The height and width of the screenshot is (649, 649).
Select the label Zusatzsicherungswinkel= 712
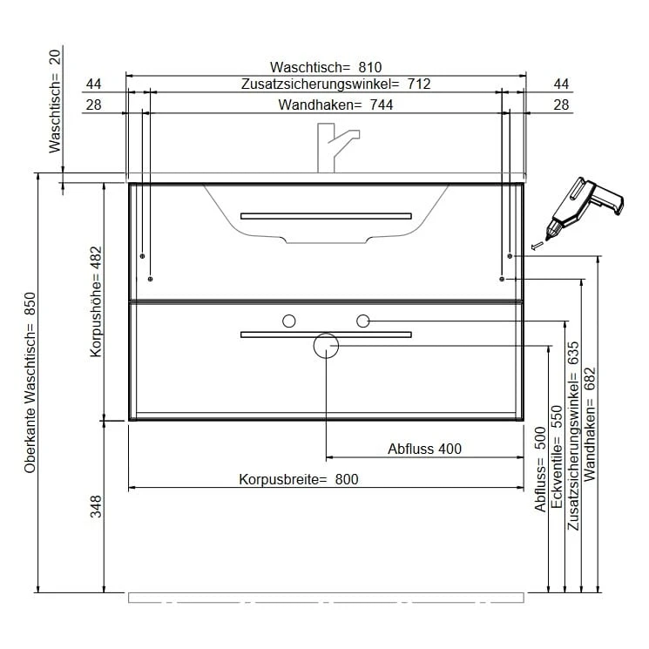[x=336, y=85]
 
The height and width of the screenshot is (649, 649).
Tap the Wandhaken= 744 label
[x=335, y=105]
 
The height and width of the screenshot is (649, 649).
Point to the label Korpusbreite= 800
[x=299, y=479]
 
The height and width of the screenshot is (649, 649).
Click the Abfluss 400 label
[x=424, y=449]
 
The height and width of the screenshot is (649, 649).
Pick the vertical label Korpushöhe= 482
[x=97, y=301]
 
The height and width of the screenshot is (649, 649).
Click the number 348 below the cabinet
[x=97, y=506]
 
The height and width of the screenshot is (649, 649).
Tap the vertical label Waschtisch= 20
[x=55, y=101]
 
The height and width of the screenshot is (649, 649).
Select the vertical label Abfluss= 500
[x=540, y=470]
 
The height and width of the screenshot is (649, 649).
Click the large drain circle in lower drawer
[x=326, y=346]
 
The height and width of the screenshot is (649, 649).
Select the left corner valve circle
[x=289, y=321]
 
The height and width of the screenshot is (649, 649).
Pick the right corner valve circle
[x=362, y=321]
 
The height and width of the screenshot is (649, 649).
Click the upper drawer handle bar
[x=326, y=215]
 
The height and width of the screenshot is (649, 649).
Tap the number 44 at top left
[x=94, y=85]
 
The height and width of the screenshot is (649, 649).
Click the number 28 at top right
[x=562, y=105]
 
